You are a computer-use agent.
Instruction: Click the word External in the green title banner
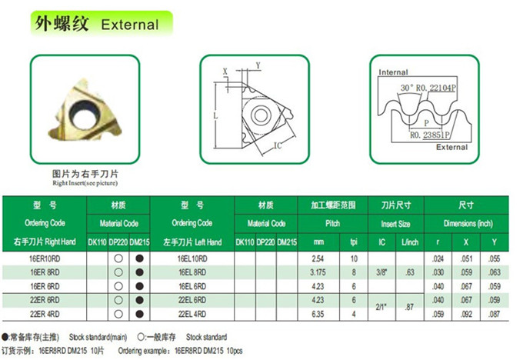(130, 25)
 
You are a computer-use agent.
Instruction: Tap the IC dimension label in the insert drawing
(278, 145)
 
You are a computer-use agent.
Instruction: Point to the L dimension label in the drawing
(215, 116)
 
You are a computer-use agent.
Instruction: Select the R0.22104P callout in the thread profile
(435, 88)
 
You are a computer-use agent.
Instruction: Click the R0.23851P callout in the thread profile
(430, 135)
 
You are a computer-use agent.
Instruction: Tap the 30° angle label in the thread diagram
(407, 88)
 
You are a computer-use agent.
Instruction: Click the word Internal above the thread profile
(393, 72)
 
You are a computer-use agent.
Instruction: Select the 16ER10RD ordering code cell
(45, 258)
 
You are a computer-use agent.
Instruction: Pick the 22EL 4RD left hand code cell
(192, 314)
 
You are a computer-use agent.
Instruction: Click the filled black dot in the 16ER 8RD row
(140, 272)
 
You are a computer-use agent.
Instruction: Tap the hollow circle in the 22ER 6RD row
(118, 300)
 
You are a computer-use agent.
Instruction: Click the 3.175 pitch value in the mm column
(318, 272)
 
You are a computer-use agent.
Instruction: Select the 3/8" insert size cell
(381, 272)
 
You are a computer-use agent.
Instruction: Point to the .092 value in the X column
(466, 314)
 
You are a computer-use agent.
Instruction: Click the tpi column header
(354, 242)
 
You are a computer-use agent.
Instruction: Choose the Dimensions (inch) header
(468, 224)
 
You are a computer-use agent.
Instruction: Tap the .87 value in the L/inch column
(409, 307)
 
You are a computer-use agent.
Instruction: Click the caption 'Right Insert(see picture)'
(85, 183)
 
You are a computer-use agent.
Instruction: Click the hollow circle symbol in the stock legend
(141, 338)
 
